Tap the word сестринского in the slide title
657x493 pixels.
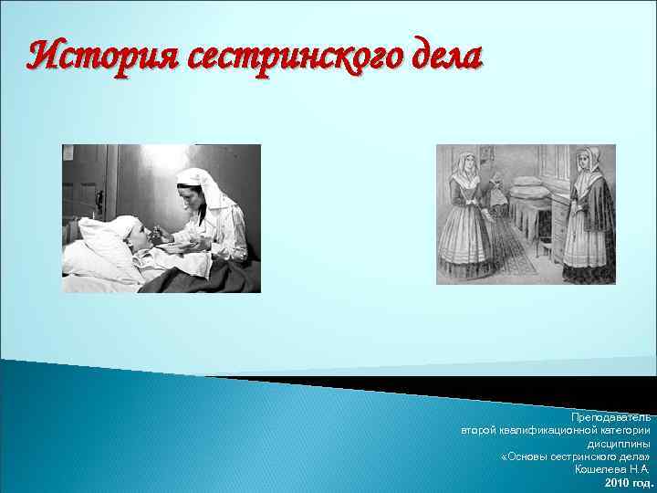pos(294,57)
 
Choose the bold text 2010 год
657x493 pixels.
pos(630,482)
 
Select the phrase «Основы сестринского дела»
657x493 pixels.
pos(576,456)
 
